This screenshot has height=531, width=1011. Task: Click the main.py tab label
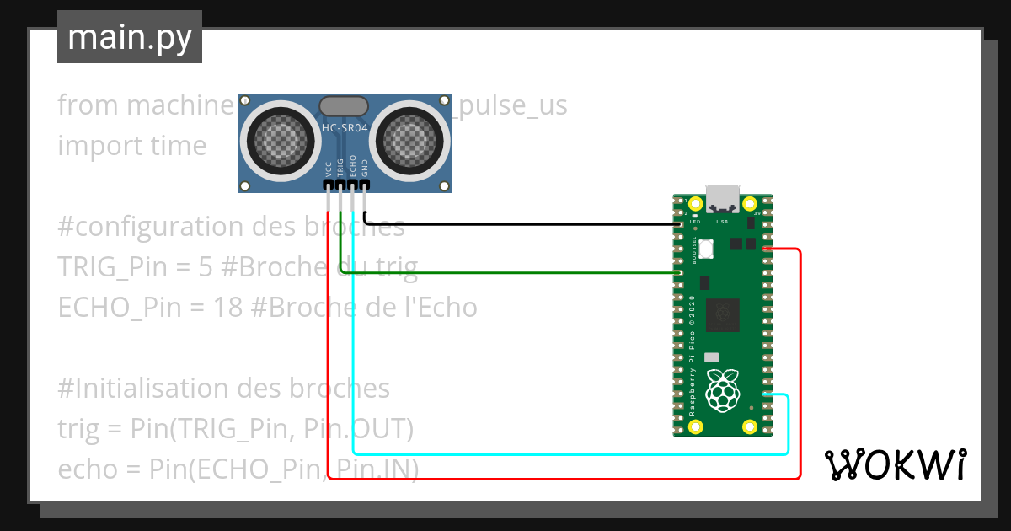tap(129, 37)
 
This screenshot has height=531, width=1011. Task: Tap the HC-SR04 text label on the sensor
tap(344, 128)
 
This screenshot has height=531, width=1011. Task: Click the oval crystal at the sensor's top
tap(343, 105)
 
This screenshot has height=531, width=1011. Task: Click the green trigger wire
tap(505, 273)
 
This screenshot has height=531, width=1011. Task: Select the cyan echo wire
tap(556, 453)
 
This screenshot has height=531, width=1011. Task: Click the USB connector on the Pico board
tap(722, 200)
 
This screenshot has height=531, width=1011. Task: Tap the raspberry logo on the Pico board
tap(722, 390)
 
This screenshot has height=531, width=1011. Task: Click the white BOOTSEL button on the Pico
tap(705, 249)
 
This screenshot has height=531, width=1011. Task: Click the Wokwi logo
tap(895, 464)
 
